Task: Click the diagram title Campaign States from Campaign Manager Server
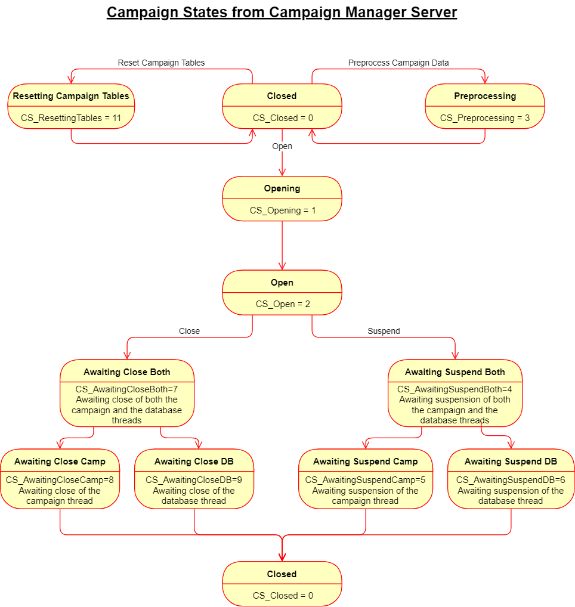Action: tap(282, 13)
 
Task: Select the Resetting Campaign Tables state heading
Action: tap(71, 96)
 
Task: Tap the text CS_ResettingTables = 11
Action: tap(71, 118)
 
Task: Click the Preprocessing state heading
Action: tap(485, 96)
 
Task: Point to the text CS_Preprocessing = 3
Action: tap(485, 118)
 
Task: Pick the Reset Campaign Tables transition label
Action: tap(161, 63)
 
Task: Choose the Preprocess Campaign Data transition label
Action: tap(398, 63)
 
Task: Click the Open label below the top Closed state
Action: tap(282, 146)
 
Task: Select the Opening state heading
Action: tap(282, 188)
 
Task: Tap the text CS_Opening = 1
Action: tap(283, 210)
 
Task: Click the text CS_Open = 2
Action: tap(283, 304)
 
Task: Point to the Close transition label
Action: tap(189, 331)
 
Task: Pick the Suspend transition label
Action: tap(384, 331)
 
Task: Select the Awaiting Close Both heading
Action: tap(127, 372)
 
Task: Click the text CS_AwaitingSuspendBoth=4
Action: tap(455, 389)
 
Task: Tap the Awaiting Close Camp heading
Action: tap(60, 462)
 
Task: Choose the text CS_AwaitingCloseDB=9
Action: tap(194, 480)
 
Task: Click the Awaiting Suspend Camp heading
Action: tap(366, 462)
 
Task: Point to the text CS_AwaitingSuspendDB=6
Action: tap(511, 480)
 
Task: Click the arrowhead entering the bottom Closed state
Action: tap(282, 558)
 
